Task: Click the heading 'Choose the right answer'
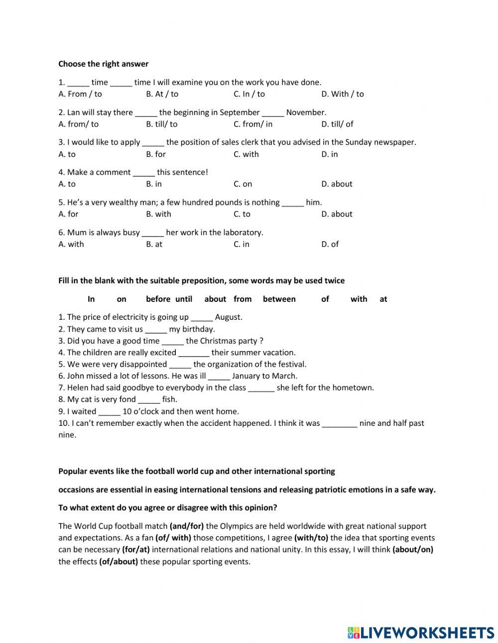[103, 64]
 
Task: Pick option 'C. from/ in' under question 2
[253, 124]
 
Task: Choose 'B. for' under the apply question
[155, 154]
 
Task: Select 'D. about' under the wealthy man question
[337, 214]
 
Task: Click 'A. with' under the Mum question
[71, 244]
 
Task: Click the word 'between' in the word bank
[279, 299]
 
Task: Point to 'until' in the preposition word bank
[183, 299]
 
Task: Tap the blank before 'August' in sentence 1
[202, 317]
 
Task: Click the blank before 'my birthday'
[156, 329]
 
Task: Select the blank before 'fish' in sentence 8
[149, 399]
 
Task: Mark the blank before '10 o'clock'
[109, 411]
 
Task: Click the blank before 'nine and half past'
[339, 423]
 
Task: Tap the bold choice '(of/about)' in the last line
[119, 562]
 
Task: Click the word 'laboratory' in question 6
[243, 233]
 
